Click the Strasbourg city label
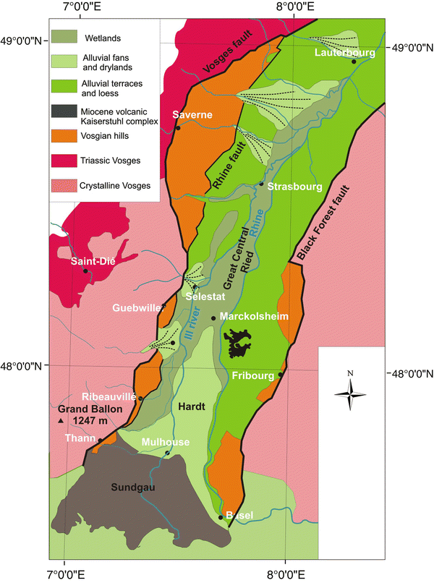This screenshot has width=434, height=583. click(294, 187)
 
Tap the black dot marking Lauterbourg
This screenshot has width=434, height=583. click(354, 61)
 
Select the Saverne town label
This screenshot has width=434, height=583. click(192, 115)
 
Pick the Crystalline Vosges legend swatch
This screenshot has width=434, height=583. click(68, 185)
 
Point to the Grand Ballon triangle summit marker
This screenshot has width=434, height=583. click(61, 420)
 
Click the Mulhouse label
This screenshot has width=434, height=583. click(166, 443)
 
